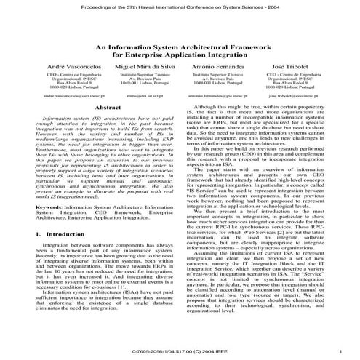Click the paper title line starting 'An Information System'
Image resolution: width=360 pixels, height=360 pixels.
(x=180, y=45)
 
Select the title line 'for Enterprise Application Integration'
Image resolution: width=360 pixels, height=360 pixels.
(x=180, y=54)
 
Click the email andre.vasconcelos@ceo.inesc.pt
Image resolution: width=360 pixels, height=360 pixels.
(x=66, y=95)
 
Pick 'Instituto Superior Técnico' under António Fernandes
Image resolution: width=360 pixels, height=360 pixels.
(x=216, y=75)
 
